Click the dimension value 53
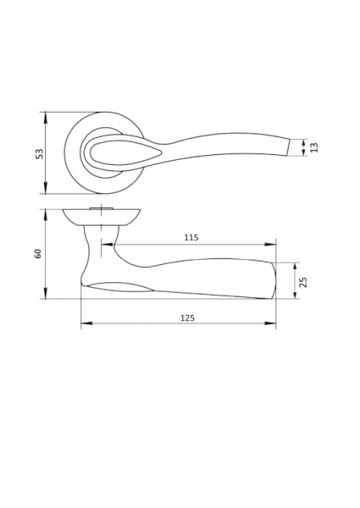(x=39, y=153)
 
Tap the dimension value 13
(x=314, y=147)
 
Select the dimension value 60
(x=38, y=253)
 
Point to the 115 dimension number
(x=191, y=237)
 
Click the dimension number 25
(x=303, y=282)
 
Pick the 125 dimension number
(x=187, y=318)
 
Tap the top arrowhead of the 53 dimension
(x=46, y=118)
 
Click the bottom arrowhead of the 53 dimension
(x=46, y=188)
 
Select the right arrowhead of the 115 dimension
(x=270, y=245)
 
